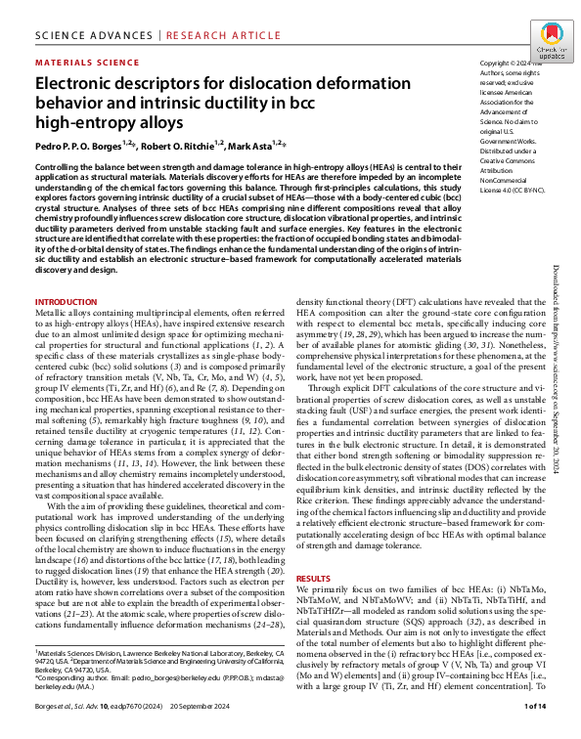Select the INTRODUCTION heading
[66, 301]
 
